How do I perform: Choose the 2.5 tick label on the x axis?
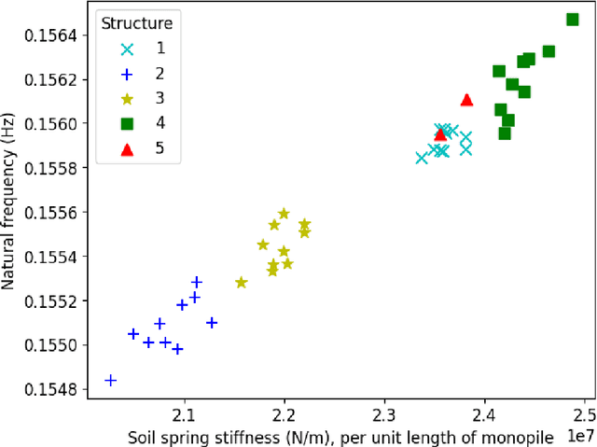[584, 413]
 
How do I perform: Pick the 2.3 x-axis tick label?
[384, 413]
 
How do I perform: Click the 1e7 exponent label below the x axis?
[577, 434]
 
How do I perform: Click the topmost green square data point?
[572, 20]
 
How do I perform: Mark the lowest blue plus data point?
[111, 380]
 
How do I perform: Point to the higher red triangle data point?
[467, 100]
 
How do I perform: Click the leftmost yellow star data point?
[242, 282]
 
